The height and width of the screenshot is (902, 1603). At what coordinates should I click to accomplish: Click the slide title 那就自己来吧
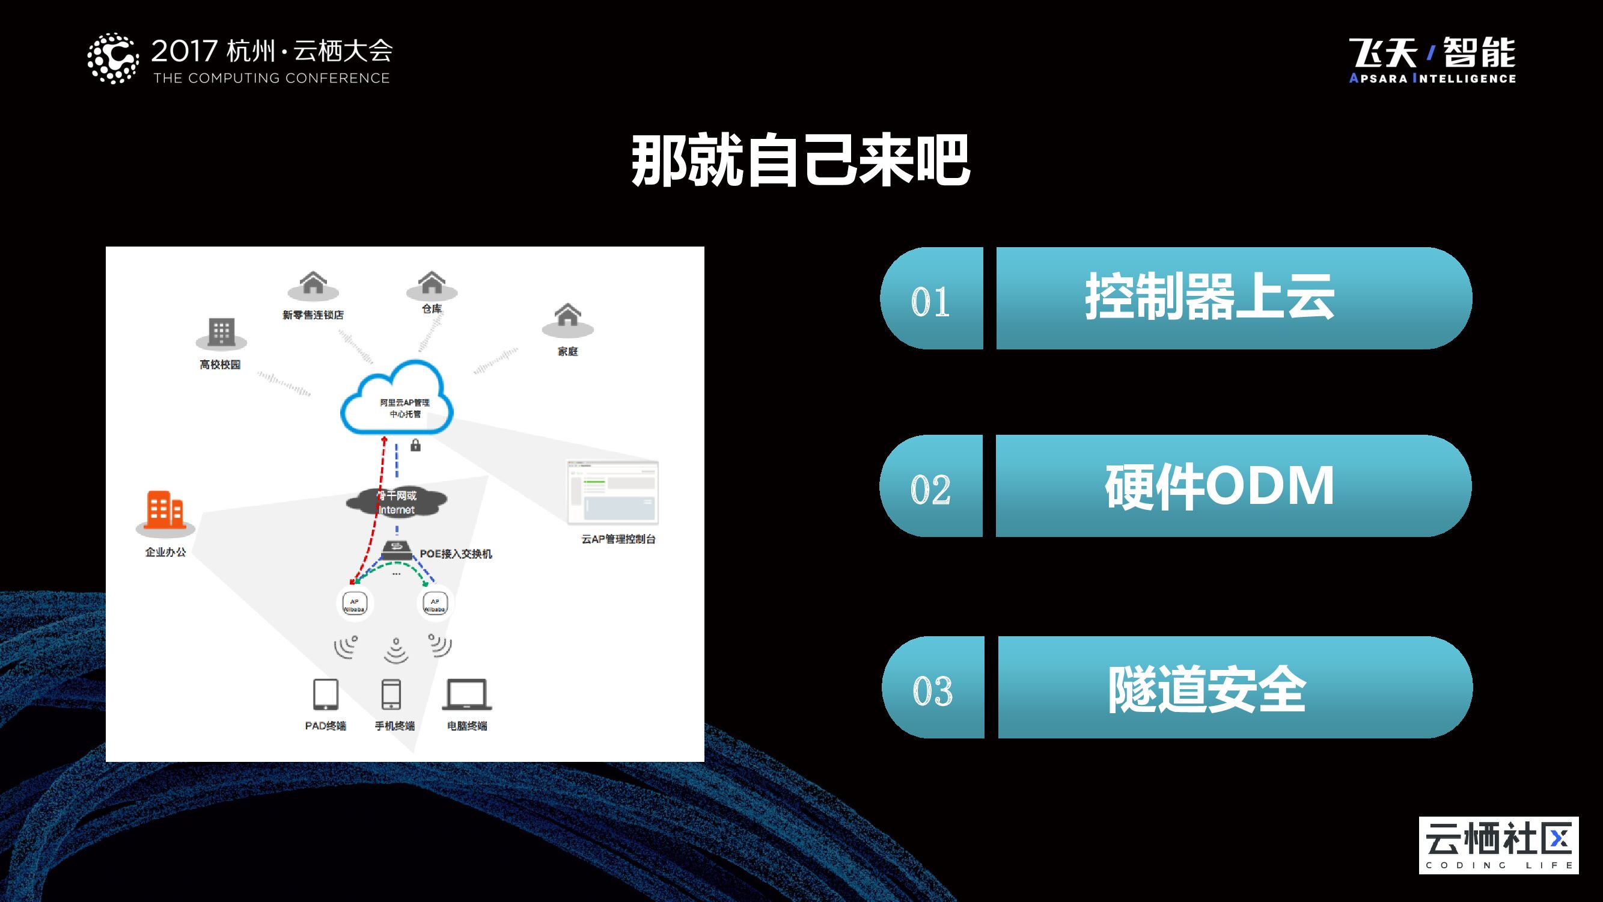[801, 161]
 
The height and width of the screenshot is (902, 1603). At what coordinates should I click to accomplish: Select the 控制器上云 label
[1210, 298]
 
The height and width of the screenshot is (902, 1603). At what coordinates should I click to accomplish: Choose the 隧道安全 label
[1208, 689]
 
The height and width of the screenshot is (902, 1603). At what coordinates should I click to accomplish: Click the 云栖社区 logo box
[1498, 845]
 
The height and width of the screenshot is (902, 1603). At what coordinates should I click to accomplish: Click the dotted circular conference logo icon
[112, 58]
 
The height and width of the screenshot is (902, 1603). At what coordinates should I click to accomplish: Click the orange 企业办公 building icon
[165, 511]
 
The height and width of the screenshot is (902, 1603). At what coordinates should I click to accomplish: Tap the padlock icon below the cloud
[416, 445]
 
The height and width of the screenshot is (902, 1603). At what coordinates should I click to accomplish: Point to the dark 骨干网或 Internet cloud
[397, 502]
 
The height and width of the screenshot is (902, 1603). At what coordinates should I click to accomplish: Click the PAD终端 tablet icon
[325, 694]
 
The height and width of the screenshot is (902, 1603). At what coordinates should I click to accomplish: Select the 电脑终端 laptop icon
[466, 694]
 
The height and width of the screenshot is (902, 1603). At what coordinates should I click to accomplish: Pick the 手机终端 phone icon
[391, 694]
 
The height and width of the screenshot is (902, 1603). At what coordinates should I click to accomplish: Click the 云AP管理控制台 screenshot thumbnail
[612, 492]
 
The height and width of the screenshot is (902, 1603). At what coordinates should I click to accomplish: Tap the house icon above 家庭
[567, 317]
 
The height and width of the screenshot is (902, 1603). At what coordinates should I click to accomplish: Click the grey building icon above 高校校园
[222, 333]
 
